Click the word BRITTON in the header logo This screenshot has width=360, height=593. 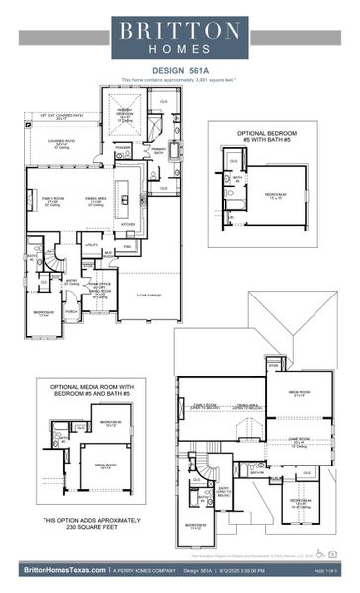pyautogui.click(x=179, y=30)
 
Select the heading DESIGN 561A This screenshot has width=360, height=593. pyautogui.click(x=179, y=70)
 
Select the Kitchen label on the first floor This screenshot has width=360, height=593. pyautogui.click(x=129, y=225)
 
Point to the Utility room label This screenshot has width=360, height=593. pyautogui.click(x=92, y=243)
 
